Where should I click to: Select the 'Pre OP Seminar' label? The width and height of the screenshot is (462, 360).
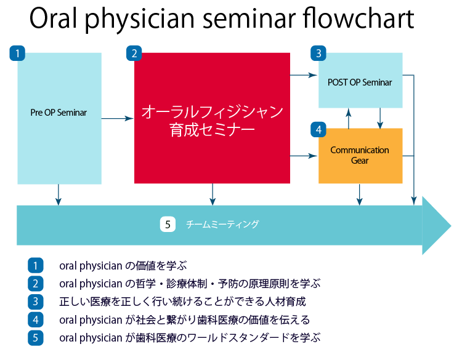tap(59, 113)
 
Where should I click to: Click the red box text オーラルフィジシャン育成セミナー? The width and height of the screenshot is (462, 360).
tap(212, 120)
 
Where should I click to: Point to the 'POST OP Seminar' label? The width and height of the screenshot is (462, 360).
tap(360, 82)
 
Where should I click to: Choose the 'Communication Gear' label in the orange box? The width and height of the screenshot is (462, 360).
tap(360, 155)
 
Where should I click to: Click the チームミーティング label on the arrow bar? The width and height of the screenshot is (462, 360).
tap(222, 225)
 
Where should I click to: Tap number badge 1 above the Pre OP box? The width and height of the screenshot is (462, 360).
tap(17, 53)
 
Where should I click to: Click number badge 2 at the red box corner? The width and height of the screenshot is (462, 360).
tap(134, 53)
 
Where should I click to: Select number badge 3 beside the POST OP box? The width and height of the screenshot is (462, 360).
tap(318, 53)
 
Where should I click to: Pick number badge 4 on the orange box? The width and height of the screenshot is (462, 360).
tap(318, 130)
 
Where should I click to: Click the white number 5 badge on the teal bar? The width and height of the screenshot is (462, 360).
tap(168, 225)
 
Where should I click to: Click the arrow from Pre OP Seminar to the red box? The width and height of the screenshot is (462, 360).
tap(118, 119)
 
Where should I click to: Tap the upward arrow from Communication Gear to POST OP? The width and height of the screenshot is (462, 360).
tap(349, 118)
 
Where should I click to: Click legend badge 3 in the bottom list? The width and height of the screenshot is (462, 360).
tap(36, 302)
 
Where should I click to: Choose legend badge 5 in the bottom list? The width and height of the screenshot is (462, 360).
tap(36, 337)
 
